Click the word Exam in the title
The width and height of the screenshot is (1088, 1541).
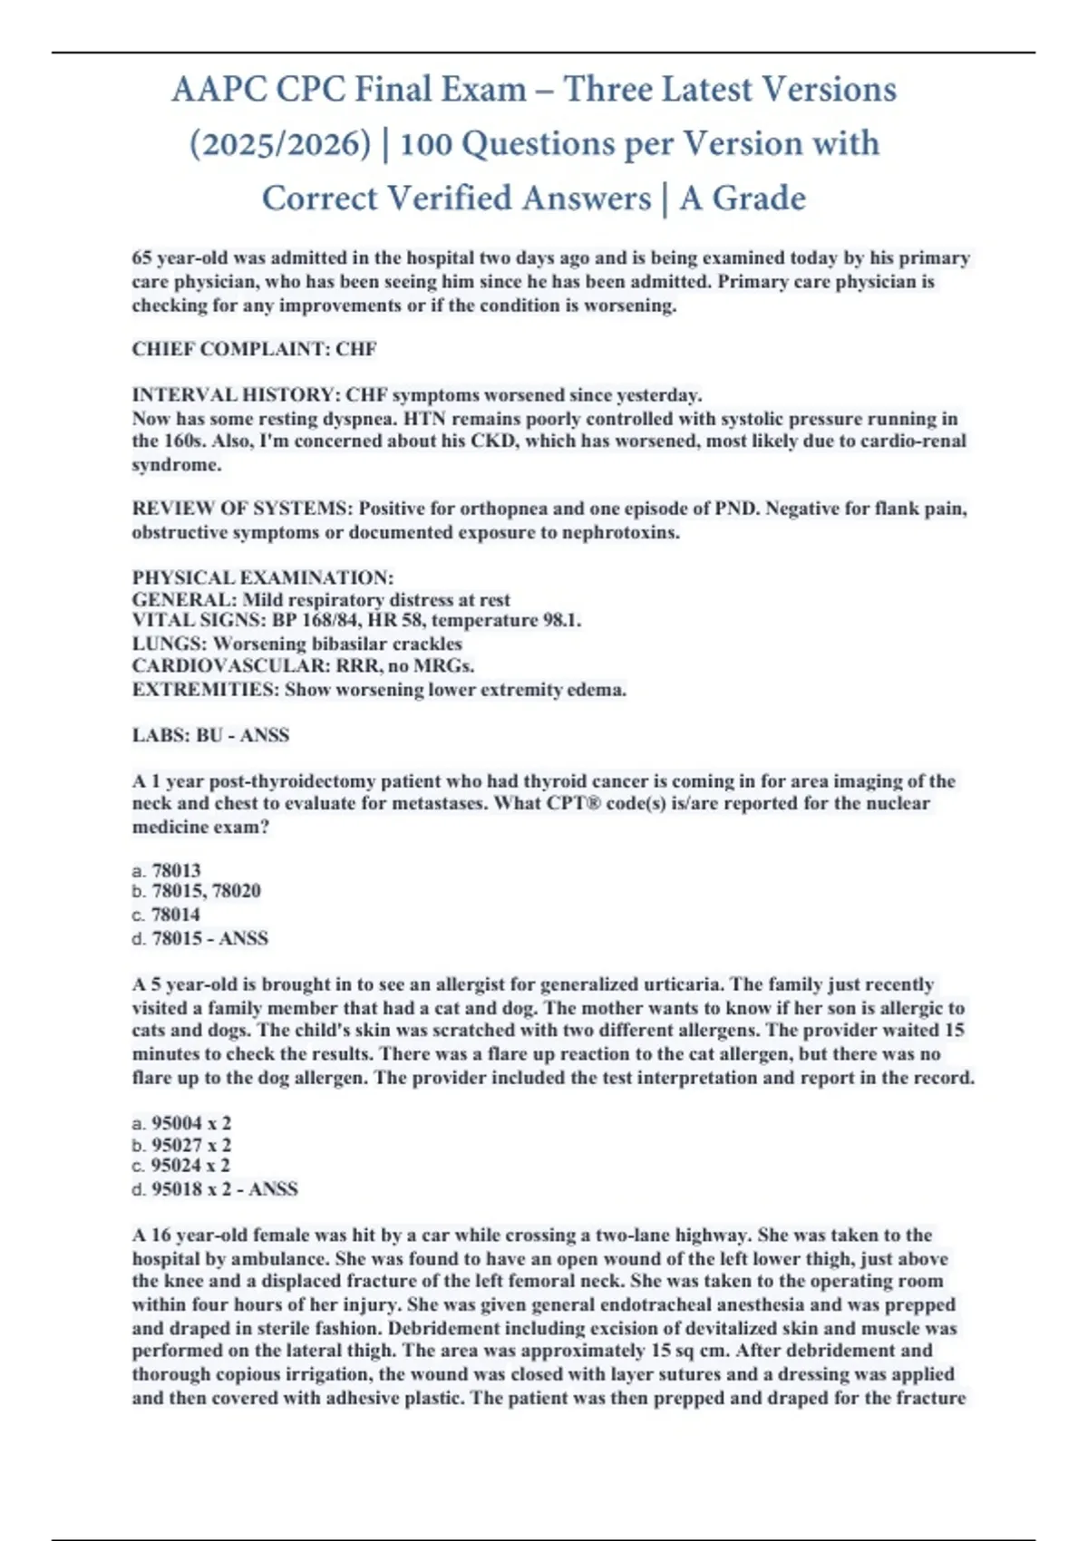click(x=484, y=90)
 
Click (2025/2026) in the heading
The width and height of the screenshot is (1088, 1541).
click(x=280, y=144)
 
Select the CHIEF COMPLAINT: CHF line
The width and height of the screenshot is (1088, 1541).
click(x=254, y=349)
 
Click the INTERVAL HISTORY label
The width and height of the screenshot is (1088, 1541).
click(x=235, y=395)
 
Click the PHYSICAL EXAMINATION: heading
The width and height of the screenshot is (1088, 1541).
click(x=263, y=577)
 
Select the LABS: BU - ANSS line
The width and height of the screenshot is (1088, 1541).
click(x=210, y=735)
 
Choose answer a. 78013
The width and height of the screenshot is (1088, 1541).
click(x=167, y=870)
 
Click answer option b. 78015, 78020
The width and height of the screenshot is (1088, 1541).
click(x=197, y=891)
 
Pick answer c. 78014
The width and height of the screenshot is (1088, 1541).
click(x=167, y=915)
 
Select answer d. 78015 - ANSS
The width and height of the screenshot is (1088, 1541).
click(x=200, y=938)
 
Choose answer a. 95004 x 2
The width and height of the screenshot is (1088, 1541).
click(x=181, y=1123)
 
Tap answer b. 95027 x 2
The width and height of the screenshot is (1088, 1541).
click(x=181, y=1145)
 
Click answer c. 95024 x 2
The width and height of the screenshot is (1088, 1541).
click(x=181, y=1166)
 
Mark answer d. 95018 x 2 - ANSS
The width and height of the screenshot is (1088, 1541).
click(x=215, y=1189)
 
